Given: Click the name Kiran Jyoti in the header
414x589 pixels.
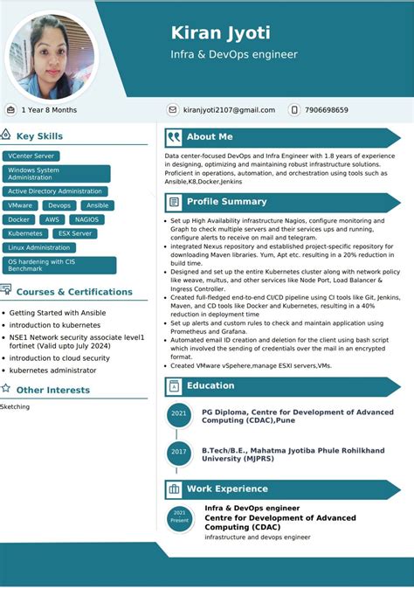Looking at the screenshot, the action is click(220, 33).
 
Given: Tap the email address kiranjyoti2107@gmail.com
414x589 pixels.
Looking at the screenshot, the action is click(229, 110).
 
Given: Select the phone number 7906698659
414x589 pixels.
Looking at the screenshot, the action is click(326, 110).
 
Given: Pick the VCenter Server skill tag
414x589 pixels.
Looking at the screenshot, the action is click(31, 156).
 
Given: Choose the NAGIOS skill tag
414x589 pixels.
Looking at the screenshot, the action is click(86, 219).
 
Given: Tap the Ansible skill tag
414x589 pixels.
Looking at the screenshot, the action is click(97, 205).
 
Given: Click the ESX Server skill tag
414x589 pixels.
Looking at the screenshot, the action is click(75, 233).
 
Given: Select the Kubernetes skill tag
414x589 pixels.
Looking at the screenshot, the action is click(25, 233).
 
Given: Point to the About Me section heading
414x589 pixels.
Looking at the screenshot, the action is click(210, 137).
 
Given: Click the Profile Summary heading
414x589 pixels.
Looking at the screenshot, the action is click(226, 202).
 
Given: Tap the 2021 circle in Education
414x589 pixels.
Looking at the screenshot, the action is click(179, 414).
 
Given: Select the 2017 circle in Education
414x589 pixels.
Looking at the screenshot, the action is click(179, 452).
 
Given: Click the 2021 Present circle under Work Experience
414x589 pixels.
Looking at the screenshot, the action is click(179, 516).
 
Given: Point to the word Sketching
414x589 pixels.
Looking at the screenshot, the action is click(15, 406).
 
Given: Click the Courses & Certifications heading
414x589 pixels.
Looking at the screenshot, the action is click(74, 292).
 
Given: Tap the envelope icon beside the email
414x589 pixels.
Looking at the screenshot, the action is click(173, 110).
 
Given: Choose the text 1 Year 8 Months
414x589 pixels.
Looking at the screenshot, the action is click(49, 110).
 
